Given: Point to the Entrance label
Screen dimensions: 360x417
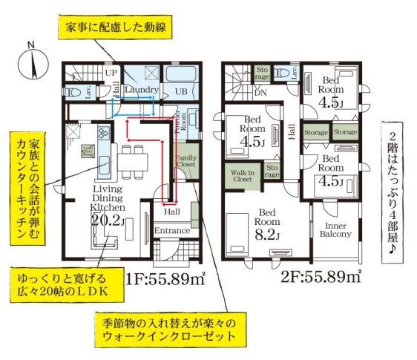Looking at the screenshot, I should pos(172,232).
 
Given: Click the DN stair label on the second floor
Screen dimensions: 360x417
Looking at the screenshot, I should pos(260,94).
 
